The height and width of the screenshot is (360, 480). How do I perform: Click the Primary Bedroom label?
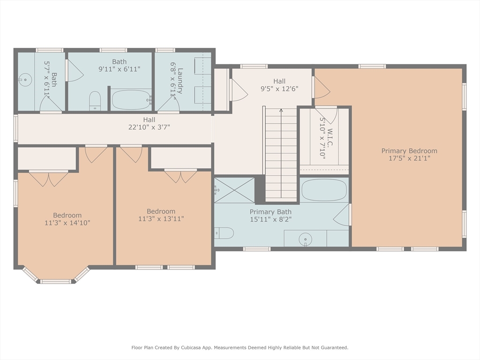pyautogui.click(x=409, y=151)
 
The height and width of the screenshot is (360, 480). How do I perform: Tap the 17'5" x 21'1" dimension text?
pyautogui.click(x=409, y=158)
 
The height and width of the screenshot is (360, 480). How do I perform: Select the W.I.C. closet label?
pyautogui.click(x=330, y=137)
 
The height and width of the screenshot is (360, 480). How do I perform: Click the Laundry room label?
pyautogui.click(x=180, y=81)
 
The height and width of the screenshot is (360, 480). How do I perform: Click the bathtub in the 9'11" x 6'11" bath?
pyautogui.click(x=132, y=99)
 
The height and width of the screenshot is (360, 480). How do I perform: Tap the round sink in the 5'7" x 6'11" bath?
pyautogui.click(x=25, y=80)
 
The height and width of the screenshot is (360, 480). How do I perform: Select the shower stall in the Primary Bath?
pyautogui.click(x=234, y=190)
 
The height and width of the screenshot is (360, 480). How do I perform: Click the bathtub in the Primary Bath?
pyautogui.click(x=324, y=190)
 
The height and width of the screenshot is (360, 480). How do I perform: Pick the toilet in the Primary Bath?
pyautogui.click(x=224, y=233)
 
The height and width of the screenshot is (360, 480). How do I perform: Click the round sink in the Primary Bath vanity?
pyautogui.click(x=305, y=240)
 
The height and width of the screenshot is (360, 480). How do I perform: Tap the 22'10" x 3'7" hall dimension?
pyautogui.click(x=149, y=127)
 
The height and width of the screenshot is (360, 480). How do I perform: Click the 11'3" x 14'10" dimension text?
pyautogui.click(x=67, y=223)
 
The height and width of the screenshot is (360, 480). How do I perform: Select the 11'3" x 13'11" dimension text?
pyautogui.click(x=161, y=219)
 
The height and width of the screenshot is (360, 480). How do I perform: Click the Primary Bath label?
pyautogui.click(x=270, y=212)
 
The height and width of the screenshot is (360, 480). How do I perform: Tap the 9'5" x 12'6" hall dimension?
pyautogui.click(x=279, y=89)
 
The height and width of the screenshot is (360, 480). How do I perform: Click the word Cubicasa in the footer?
pyautogui.click(x=193, y=347)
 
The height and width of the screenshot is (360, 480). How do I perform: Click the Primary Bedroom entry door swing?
pyautogui.click(x=322, y=87)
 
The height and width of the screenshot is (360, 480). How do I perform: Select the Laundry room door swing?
pyautogui.click(x=168, y=104)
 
